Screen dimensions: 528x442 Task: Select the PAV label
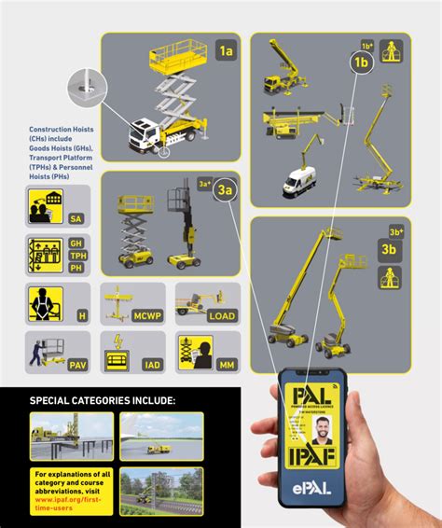coord(79,365)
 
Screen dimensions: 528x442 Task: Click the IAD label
coord(148,365)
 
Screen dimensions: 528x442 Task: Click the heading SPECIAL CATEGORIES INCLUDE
coord(103,401)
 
